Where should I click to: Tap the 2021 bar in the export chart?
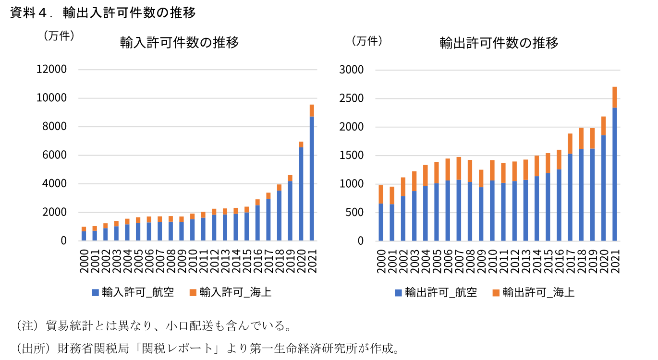(615, 173)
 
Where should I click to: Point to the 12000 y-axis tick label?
(51, 70)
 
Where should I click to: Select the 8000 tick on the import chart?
(53, 127)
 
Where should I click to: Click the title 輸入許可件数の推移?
(179, 43)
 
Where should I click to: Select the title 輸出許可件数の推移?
(499, 43)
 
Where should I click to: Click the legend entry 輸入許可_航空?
(133, 292)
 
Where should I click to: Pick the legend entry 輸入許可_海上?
(231, 292)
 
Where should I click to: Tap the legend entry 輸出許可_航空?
(436, 292)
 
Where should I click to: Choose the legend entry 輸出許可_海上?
(534, 292)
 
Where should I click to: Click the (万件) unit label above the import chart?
(59, 36)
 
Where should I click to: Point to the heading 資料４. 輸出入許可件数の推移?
(103, 13)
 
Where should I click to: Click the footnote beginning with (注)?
(154, 326)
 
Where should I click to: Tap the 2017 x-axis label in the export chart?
(570, 262)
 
